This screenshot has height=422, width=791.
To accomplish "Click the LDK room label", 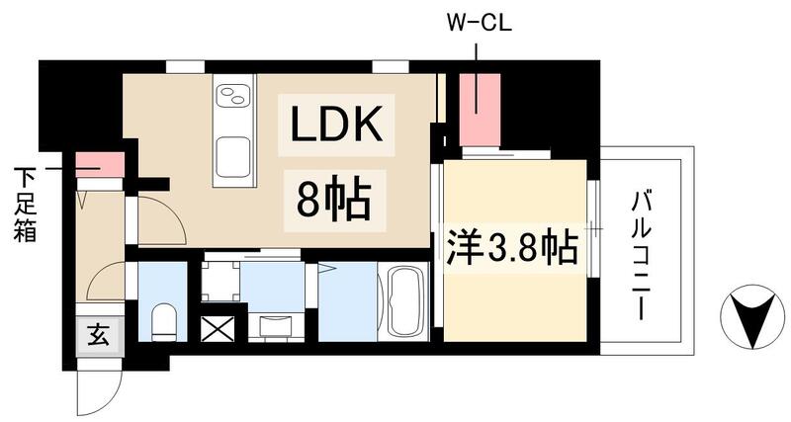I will [335, 126].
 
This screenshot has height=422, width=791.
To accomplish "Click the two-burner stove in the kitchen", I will [234, 97].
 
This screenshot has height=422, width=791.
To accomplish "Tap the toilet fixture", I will [163, 319].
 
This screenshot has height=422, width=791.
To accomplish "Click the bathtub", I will [403, 300].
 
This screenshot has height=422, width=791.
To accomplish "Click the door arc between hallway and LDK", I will [158, 219].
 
